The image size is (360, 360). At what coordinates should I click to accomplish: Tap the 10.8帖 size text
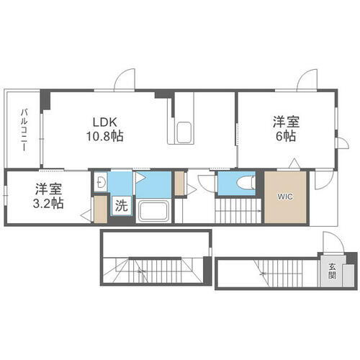[x=105, y=135]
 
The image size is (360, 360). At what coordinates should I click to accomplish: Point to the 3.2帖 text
[x=48, y=204]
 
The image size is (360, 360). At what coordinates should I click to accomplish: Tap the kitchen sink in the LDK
[x=184, y=132]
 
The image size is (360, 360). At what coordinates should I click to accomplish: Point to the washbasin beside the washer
[x=101, y=183]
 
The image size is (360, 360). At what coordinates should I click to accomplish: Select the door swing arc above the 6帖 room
[x=308, y=78]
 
